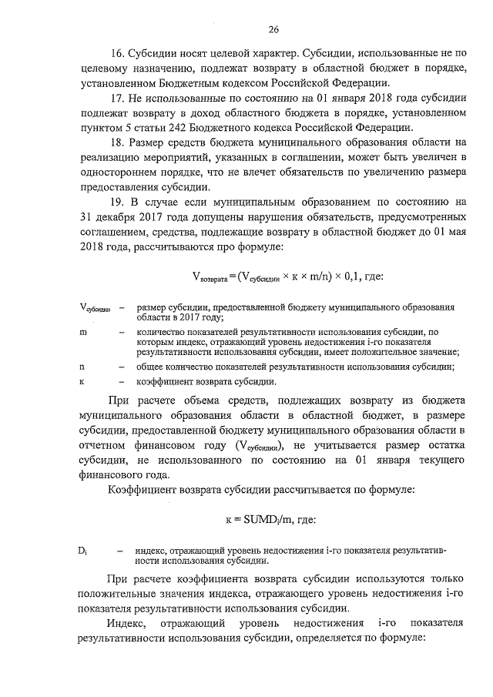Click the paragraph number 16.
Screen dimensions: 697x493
pos(117,55)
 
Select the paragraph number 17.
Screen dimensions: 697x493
pos(117,99)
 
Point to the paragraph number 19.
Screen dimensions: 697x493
pos(117,202)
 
